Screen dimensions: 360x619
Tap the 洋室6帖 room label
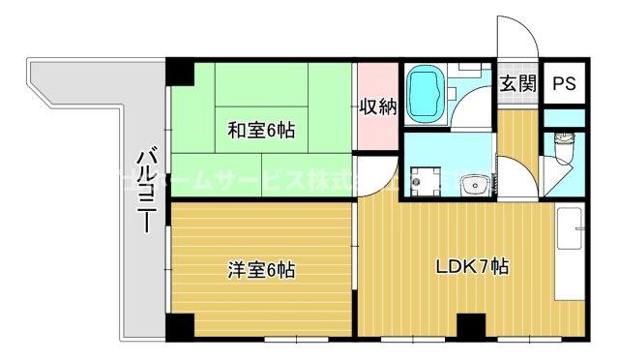[261, 272]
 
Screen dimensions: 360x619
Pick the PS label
[563, 84]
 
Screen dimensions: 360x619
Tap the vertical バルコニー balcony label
[147, 190]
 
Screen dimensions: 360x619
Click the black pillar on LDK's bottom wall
[470, 328]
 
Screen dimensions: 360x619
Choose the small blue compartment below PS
[563, 118]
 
